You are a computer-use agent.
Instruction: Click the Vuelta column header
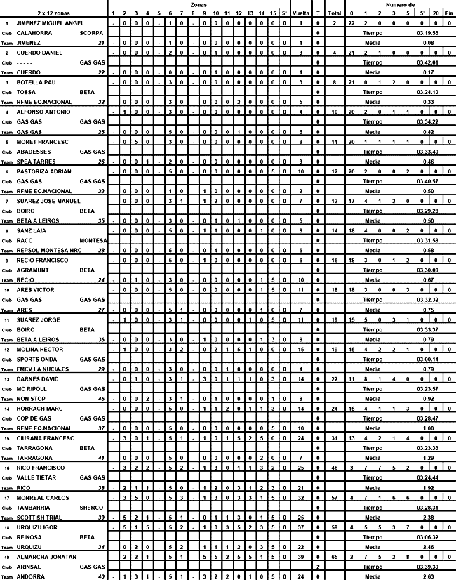tap(300, 13)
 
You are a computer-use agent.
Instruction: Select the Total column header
tap(334, 13)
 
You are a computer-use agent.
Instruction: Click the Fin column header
tap(449, 13)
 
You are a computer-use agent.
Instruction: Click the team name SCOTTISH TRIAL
tap(41, 517)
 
